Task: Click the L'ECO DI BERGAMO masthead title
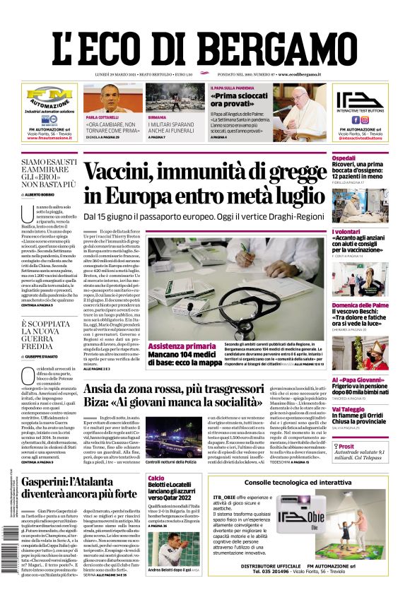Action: pyautogui.click(x=205, y=41)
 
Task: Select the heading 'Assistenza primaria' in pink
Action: pyautogui.click(x=182, y=346)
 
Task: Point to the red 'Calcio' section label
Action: pyautogui.click(x=157, y=478)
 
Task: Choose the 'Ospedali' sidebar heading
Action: pyautogui.click(x=344, y=158)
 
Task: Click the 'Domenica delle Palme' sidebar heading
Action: pyautogui.click(x=361, y=305)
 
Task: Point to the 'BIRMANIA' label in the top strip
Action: pyautogui.click(x=157, y=117)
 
